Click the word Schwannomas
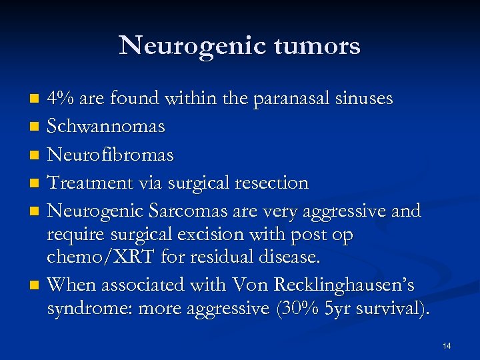pos(106,126)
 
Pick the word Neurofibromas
pos(111,155)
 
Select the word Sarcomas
pos(189,211)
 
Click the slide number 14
pos(446,345)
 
